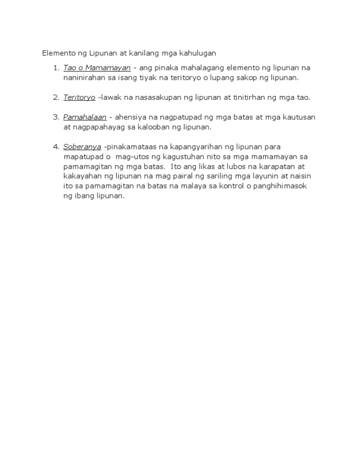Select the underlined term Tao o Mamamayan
97,68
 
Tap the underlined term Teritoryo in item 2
79,97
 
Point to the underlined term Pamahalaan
85,117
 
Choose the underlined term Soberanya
82,147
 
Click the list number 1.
55,68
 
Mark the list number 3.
55,117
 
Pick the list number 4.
55,147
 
